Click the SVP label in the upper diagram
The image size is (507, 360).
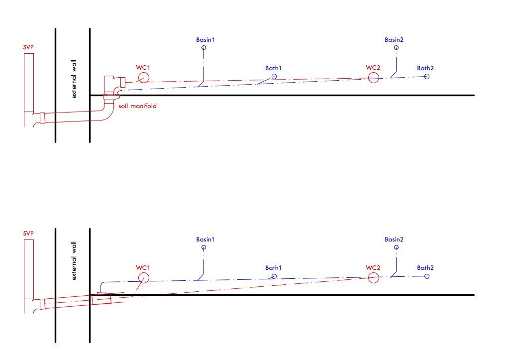click(28, 47)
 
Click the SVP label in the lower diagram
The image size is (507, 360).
click(28, 234)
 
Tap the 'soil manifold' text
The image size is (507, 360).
click(137, 106)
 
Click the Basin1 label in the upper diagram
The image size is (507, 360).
click(205, 40)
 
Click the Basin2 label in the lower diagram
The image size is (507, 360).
click(394, 240)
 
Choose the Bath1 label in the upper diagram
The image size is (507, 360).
click(273, 68)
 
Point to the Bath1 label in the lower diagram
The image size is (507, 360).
click(273, 268)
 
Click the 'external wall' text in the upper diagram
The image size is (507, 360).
click(74, 79)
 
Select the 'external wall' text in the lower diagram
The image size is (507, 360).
click(74, 261)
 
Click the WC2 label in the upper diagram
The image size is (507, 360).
click(373, 68)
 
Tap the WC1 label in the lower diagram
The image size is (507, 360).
click(143, 267)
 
